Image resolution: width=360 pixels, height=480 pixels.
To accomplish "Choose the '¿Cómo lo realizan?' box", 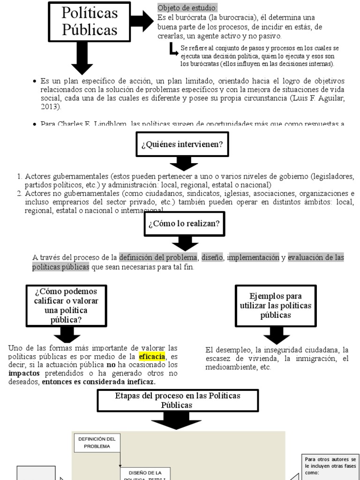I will pos(184,224).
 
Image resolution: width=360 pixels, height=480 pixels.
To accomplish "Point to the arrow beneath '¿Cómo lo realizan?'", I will pos(184,242).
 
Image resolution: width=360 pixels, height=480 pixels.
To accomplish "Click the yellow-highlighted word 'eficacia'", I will pos(152,357).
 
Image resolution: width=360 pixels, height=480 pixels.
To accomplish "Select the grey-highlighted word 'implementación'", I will pos(254,257).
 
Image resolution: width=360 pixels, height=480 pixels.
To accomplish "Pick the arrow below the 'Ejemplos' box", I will pos(276,333).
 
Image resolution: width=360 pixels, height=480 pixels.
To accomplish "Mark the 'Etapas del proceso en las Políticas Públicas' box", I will pos(177,400).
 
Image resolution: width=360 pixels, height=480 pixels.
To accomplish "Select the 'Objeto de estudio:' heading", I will pos(187,8).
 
